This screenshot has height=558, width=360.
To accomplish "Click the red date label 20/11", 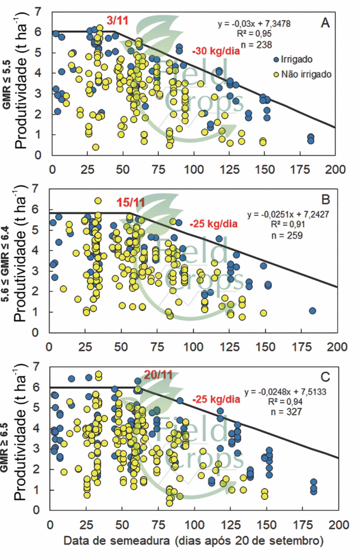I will [x=158, y=375].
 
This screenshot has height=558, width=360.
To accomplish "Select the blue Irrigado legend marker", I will [x=276, y=59].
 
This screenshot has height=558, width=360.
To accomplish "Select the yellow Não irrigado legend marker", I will [x=276, y=72].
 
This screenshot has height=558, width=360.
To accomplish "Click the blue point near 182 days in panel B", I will [x=313, y=311].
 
